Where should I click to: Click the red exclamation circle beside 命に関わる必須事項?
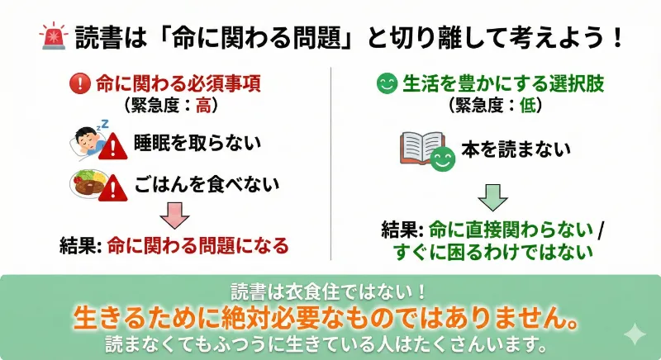[80, 84]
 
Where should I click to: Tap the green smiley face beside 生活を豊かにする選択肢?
[385, 84]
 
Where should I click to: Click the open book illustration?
[423, 149]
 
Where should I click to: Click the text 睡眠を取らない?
[197, 143]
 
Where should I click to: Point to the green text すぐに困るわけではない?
[494, 251]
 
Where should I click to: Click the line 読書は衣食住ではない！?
[330, 291]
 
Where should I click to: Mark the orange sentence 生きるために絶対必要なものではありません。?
[330, 317]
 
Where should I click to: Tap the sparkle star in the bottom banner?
[635, 334]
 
